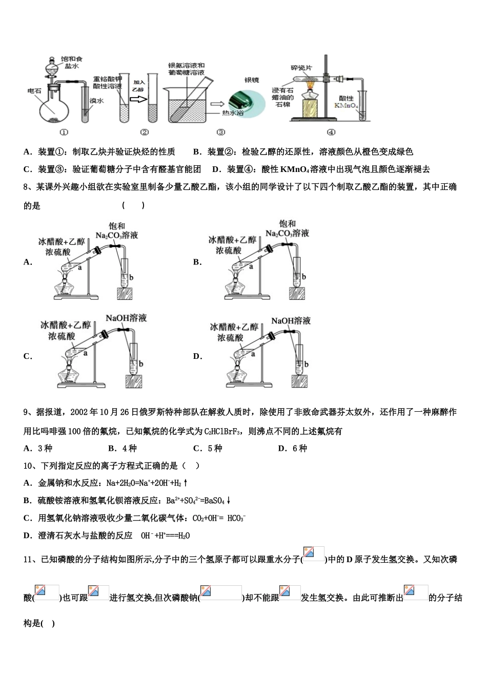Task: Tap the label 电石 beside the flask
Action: pyautogui.click(x=34, y=91)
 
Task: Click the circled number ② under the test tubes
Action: pyautogui.click(x=144, y=132)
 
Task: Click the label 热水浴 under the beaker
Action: pyautogui.click(x=232, y=112)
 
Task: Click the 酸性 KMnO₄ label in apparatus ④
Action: pyautogui.click(x=347, y=101)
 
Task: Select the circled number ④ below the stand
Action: pyautogui.click(x=331, y=132)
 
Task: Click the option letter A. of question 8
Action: pyautogui.click(x=28, y=262)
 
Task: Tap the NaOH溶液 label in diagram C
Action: pyautogui.click(x=126, y=318)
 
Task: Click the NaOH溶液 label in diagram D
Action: pyautogui.click(x=291, y=321)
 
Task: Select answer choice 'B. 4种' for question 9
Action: pyautogui.click(x=123, y=448)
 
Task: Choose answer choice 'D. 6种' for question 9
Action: pyautogui.click(x=292, y=448)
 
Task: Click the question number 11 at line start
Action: pyautogui.click(x=29, y=559)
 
